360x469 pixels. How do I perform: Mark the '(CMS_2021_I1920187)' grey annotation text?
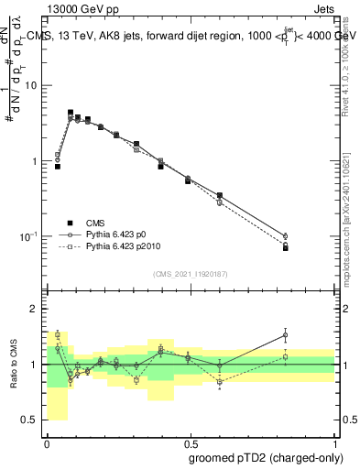click(x=190, y=273)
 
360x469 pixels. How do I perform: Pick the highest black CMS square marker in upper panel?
click(x=71, y=113)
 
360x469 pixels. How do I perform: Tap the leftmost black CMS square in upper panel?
click(x=58, y=167)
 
